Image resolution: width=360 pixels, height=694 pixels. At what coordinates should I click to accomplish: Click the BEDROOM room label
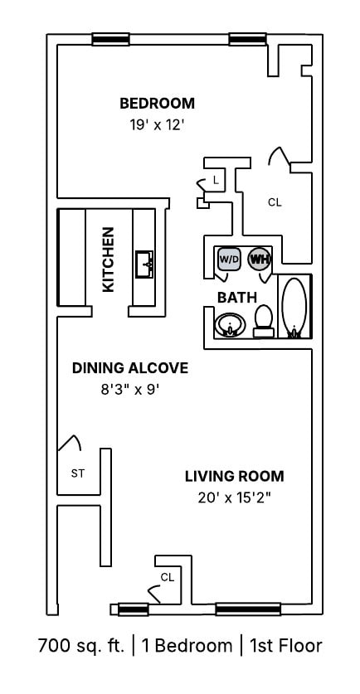(157, 104)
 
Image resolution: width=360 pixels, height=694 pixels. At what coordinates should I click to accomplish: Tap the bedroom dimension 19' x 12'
(157, 126)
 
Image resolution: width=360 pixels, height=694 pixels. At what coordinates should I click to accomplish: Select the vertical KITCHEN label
(108, 260)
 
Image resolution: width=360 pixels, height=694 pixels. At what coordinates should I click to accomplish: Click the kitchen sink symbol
(147, 264)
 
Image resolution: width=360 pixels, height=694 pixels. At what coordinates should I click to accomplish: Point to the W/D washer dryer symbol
(228, 260)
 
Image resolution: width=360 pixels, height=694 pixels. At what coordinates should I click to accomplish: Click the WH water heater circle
(259, 260)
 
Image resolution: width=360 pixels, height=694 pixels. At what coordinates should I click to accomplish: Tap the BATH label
(237, 297)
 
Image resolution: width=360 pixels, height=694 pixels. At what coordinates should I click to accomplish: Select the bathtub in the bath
(294, 306)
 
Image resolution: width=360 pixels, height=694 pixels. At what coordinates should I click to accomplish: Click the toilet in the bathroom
(264, 320)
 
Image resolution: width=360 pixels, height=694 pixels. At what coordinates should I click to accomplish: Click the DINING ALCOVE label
(129, 368)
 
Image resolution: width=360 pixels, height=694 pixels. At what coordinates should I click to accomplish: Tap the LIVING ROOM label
(234, 476)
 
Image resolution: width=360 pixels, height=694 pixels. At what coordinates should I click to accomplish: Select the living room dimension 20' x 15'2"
(234, 497)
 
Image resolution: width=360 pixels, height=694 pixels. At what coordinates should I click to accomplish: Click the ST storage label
(78, 474)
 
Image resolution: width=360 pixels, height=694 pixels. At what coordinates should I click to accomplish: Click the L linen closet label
(216, 180)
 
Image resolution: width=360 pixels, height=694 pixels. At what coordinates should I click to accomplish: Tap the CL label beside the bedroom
(275, 201)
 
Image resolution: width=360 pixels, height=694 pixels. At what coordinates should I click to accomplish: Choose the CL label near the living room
(167, 576)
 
